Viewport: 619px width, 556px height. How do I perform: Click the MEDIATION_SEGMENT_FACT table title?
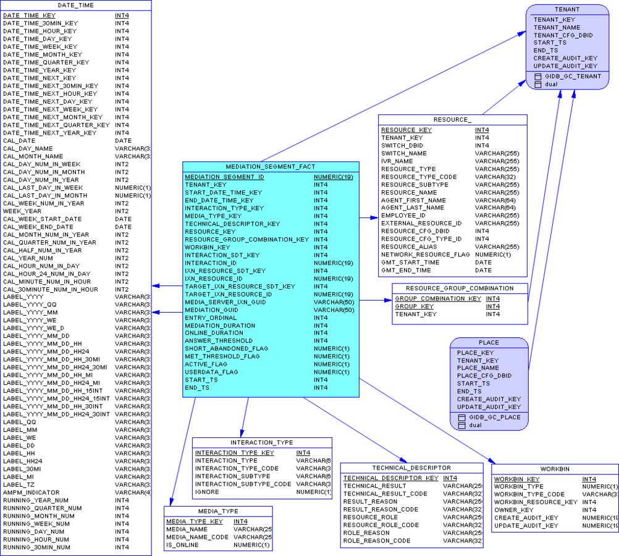(271, 167)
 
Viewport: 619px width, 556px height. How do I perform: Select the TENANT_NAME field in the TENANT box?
(557, 27)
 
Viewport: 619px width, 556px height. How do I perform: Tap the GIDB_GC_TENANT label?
(573, 76)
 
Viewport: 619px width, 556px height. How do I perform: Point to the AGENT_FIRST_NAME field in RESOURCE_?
(413, 200)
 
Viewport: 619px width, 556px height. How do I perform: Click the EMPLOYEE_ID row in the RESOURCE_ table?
(403, 216)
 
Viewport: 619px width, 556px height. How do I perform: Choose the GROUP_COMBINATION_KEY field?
(438, 298)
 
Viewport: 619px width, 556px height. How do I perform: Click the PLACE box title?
(489, 342)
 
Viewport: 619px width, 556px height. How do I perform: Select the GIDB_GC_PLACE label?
(494, 417)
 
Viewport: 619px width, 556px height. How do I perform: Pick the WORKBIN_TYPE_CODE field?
(529, 494)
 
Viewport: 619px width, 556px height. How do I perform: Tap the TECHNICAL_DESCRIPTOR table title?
(411, 468)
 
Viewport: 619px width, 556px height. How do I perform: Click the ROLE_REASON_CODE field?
(377, 541)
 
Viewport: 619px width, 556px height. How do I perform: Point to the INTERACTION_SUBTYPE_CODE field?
(243, 484)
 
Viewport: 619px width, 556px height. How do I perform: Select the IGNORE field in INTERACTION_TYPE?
(207, 492)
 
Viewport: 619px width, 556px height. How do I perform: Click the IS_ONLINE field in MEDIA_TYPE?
(182, 545)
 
